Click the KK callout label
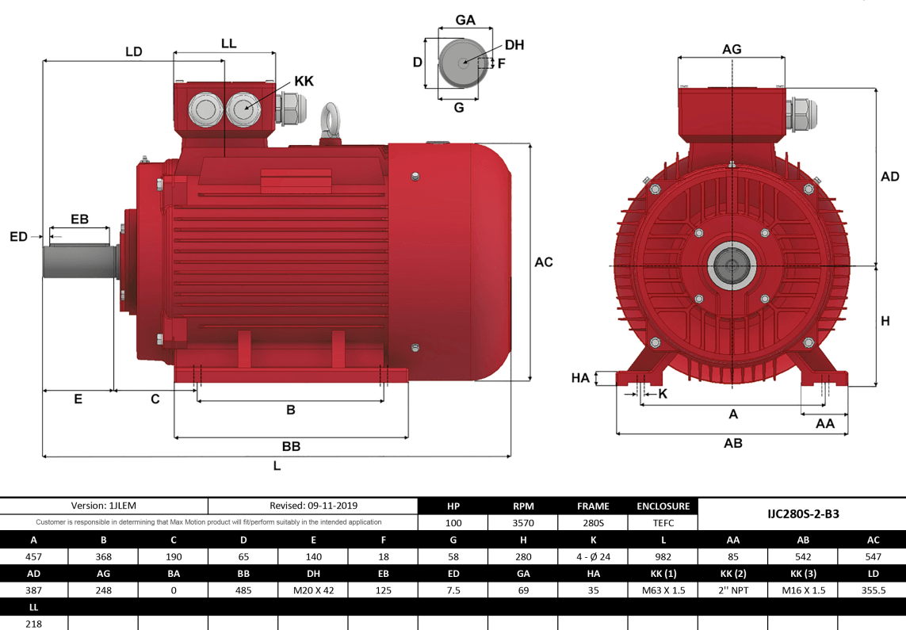[x=304, y=81]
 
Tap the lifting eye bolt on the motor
[x=331, y=120]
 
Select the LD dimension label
[x=133, y=52]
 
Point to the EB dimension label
[x=79, y=219]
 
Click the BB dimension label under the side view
[x=291, y=447]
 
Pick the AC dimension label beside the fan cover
[x=544, y=262]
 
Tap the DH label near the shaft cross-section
[x=514, y=45]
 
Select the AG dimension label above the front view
[x=732, y=49]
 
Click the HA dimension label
[x=581, y=378]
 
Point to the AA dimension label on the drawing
[x=825, y=424]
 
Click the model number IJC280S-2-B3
[x=803, y=514]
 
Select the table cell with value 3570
[x=523, y=522]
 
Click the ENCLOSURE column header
[x=663, y=506]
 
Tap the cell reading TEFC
[x=663, y=522]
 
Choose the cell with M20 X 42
[x=314, y=590]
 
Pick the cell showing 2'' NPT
[x=733, y=590]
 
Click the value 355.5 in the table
[x=872, y=590]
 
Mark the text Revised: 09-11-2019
[x=313, y=506]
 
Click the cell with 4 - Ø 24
[x=593, y=556]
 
